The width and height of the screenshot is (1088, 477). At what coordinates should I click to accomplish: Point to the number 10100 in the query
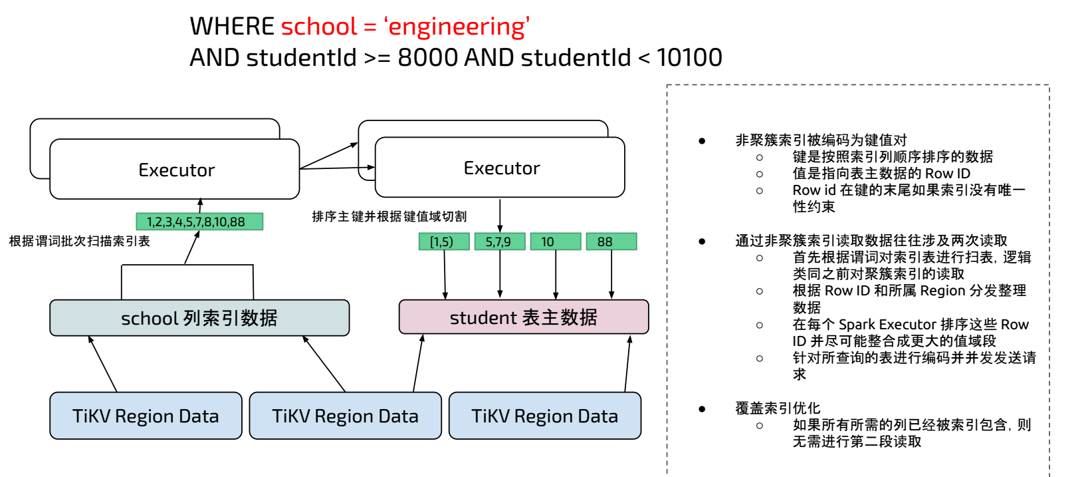(x=689, y=58)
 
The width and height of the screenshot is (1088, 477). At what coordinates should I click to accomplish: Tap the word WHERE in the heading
(x=231, y=27)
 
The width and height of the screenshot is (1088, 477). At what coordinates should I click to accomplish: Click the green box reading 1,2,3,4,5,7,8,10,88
(x=199, y=222)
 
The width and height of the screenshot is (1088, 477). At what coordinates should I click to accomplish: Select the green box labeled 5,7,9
(x=499, y=241)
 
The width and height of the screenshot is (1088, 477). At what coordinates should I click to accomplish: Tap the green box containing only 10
(x=555, y=241)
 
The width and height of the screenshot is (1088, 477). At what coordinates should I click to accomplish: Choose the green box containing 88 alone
(x=611, y=241)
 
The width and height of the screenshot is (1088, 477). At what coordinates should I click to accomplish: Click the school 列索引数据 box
(x=199, y=318)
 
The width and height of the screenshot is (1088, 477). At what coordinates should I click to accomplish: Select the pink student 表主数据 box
(x=523, y=317)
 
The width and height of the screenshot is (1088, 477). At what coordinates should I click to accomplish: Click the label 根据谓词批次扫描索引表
(x=79, y=241)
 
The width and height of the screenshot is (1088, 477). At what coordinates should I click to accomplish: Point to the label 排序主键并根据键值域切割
(x=389, y=216)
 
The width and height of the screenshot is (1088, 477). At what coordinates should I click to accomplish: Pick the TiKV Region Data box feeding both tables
(x=345, y=416)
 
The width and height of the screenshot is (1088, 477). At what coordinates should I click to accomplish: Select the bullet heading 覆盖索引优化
(x=777, y=408)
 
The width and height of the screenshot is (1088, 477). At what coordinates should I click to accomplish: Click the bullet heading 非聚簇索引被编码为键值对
(x=821, y=140)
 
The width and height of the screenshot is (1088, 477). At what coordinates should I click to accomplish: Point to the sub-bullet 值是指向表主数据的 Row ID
(x=881, y=174)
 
